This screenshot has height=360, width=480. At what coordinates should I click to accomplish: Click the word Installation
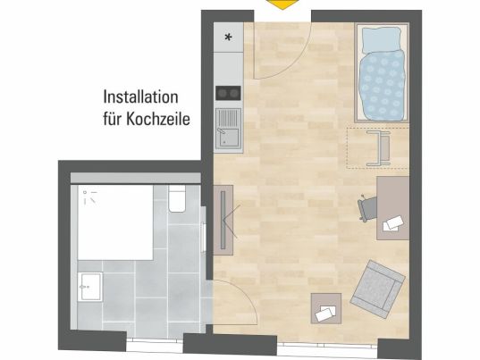(x=140, y=97)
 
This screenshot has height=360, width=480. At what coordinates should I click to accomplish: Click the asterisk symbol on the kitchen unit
(x=228, y=38)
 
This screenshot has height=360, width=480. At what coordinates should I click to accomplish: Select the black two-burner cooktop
(x=228, y=93)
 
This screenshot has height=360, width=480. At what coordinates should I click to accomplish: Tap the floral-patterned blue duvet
(x=382, y=86)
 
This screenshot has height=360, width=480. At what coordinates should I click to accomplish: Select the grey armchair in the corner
(x=378, y=289)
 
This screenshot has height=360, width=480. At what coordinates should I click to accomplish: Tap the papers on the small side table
(x=325, y=314)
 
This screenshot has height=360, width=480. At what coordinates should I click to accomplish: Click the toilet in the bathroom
(x=177, y=199)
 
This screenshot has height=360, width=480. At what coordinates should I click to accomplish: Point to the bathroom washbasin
(x=89, y=287)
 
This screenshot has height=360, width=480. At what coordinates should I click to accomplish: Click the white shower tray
(x=115, y=222)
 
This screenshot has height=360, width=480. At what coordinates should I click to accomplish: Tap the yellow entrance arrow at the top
(x=282, y=4)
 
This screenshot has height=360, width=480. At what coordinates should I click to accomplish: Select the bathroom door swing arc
(x=246, y=293)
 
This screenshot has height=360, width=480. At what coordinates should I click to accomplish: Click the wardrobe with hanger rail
(x=223, y=220)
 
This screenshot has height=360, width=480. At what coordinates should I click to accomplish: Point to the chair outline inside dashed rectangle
(x=378, y=148)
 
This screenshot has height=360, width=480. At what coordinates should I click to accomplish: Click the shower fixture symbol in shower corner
(x=90, y=197)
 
